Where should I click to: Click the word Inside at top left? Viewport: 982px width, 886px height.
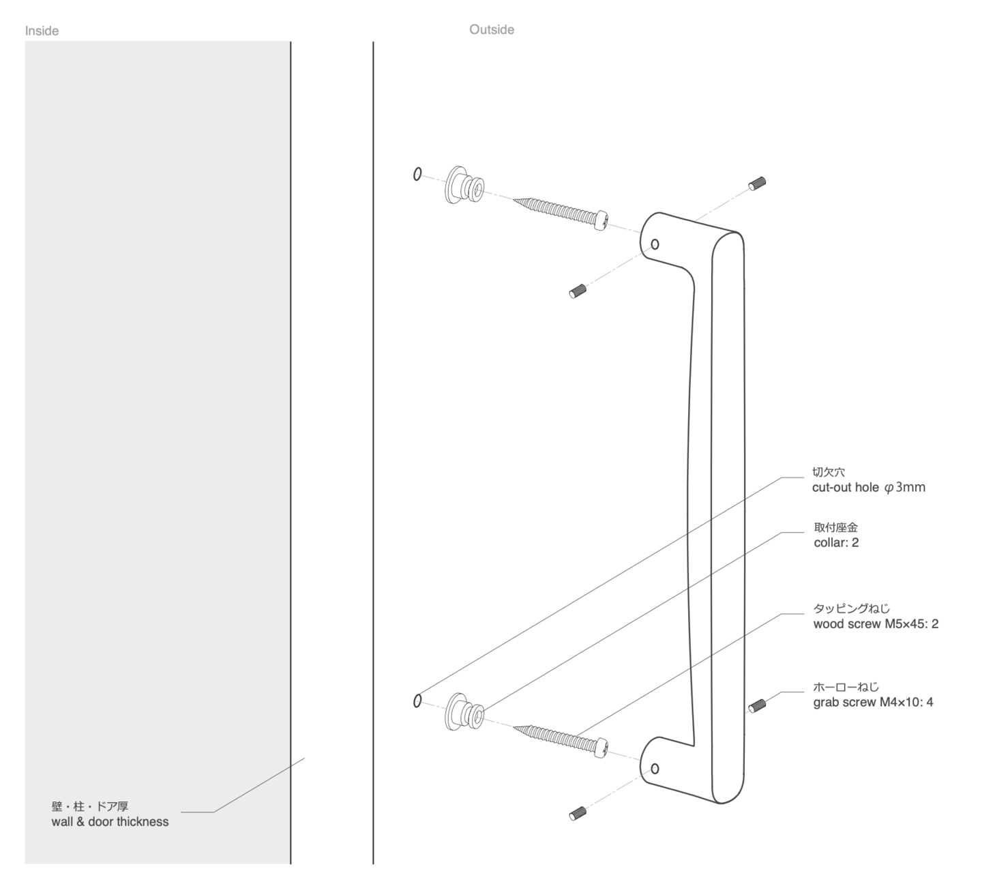click(x=42, y=31)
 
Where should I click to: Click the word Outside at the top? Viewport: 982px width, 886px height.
click(x=491, y=29)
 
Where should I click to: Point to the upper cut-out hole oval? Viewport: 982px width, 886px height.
click(x=417, y=174)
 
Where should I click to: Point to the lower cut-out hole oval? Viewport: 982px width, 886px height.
click(x=417, y=700)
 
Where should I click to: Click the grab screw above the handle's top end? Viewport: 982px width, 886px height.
click(x=757, y=183)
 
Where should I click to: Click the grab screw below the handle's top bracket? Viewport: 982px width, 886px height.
click(x=578, y=292)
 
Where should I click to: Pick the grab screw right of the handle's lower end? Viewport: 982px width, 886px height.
click(x=757, y=705)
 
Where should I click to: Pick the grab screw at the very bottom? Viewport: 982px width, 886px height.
click(x=578, y=812)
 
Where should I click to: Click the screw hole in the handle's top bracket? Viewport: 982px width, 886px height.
click(x=655, y=244)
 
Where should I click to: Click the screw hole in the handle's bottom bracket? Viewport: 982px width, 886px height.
click(x=655, y=769)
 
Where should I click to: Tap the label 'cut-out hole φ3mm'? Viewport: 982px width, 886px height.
click(x=868, y=488)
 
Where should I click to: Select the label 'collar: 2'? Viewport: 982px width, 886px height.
click(x=836, y=543)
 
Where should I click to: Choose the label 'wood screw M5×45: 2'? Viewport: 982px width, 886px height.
click(x=876, y=624)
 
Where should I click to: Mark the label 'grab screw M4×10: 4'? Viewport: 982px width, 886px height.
click(x=873, y=702)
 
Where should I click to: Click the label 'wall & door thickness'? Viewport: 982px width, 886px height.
click(x=110, y=822)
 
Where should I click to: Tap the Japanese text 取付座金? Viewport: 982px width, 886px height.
click(x=835, y=527)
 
